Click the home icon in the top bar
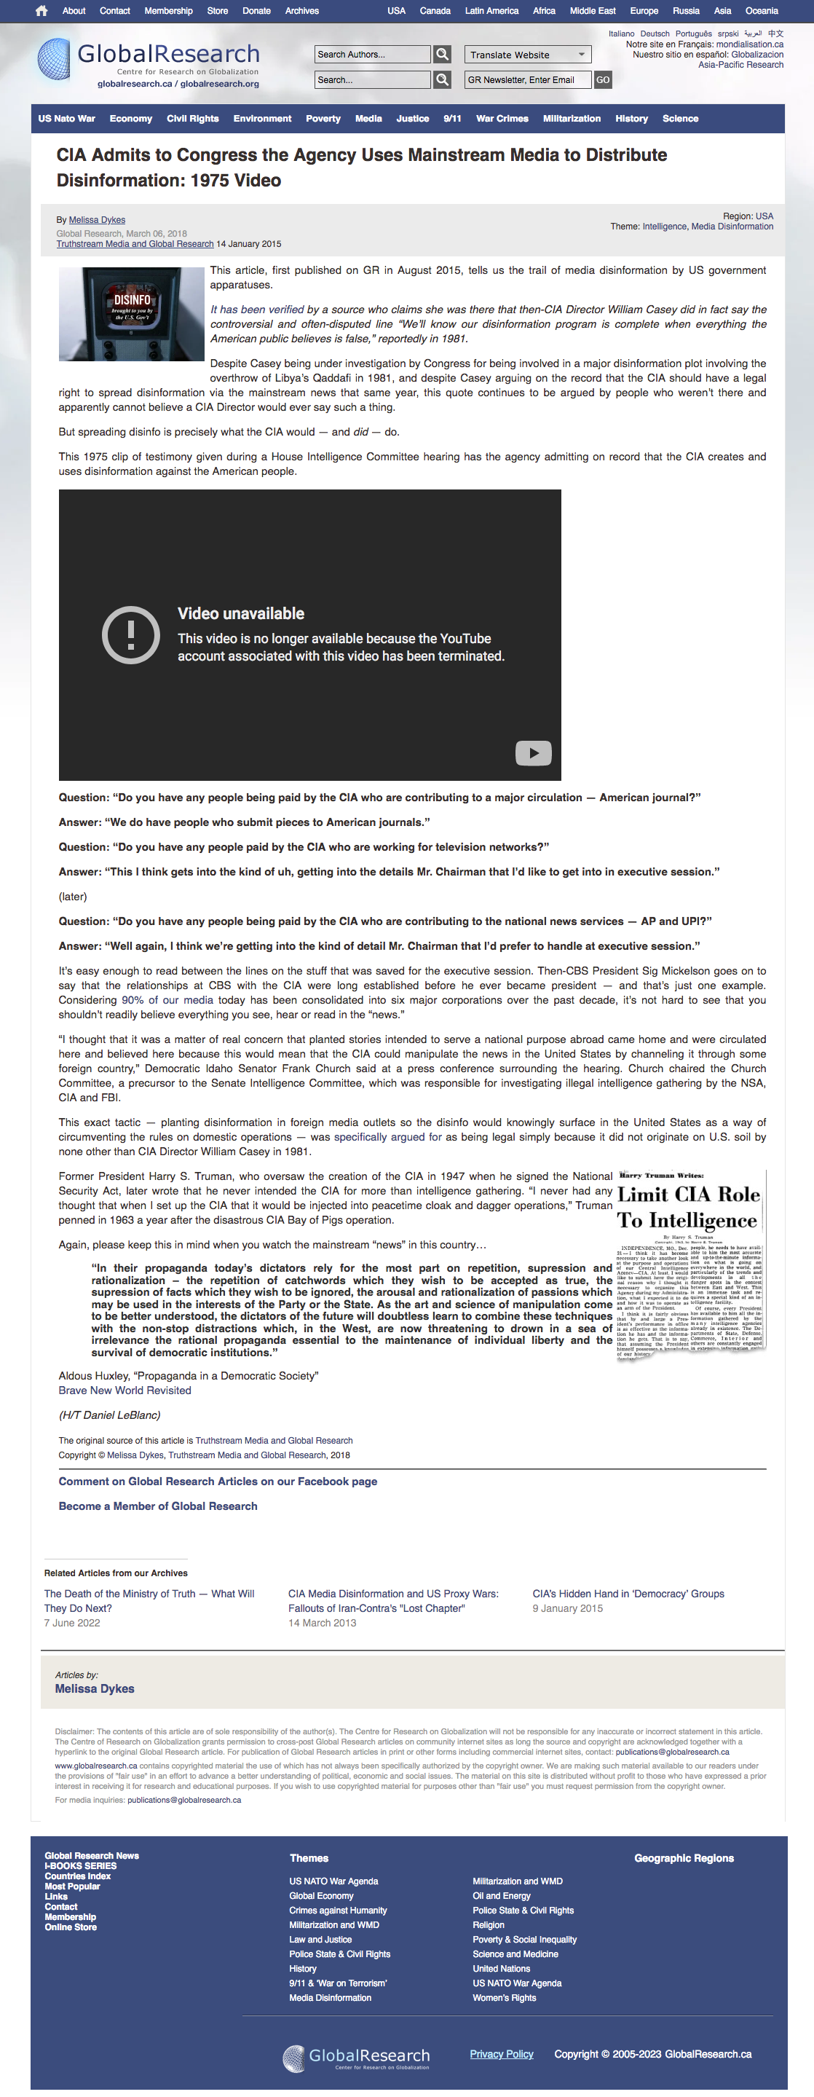click(x=42, y=12)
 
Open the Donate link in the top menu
click(x=256, y=12)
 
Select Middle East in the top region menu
click(x=592, y=12)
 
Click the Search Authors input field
click(x=372, y=55)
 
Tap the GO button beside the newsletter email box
click(x=602, y=80)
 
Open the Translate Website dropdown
click(x=527, y=55)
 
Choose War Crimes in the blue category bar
click(x=502, y=119)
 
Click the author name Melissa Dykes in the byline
click(x=97, y=220)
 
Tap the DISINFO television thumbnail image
click(x=131, y=314)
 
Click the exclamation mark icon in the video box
click(x=130, y=634)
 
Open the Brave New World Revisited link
click(x=125, y=1390)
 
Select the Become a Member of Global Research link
click(x=158, y=1506)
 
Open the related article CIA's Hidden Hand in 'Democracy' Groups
click(x=628, y=1594)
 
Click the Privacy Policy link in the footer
click(x=502, y=2054)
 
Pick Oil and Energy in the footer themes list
click(x=502, y=1896)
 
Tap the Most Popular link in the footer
click(x=73, y=1886)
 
